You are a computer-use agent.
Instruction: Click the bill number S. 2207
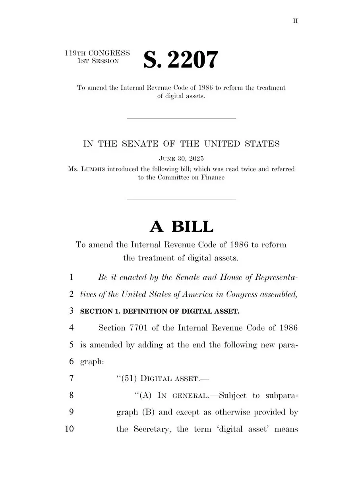click(181, 60)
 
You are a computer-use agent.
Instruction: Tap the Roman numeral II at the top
click(295, 21)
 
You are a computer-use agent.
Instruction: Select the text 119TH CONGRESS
click(97, 53)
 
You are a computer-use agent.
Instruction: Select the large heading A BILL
click(181, 227)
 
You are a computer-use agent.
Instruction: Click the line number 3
click(72, 311)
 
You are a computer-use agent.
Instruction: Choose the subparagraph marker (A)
click(144, 396)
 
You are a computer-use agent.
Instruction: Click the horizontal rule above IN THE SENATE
click(181, 118)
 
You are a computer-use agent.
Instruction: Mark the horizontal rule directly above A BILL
click(181, 198)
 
